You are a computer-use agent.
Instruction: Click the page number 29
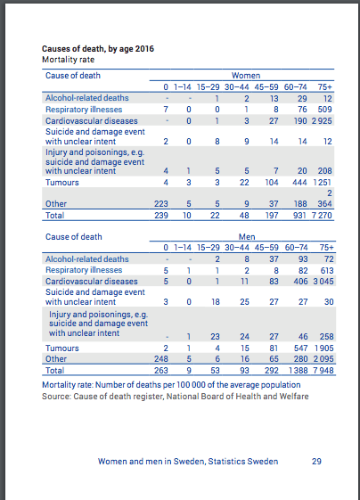tap(316, 461)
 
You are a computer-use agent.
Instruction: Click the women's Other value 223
tap(160, 204)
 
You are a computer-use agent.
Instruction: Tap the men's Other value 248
tap(160, 358)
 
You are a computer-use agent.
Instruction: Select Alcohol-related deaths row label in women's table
tap(80, 97)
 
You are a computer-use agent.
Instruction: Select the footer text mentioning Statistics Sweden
tap(188, 461)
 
